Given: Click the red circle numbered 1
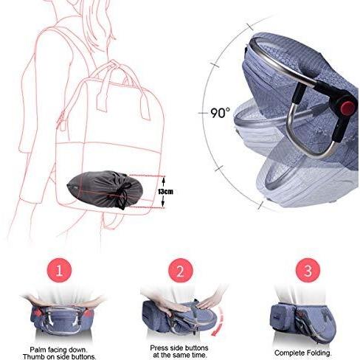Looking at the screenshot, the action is pyautogui.click(x=59, y=270).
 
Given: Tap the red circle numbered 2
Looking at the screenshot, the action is pyautogui.click(x=180, y=271).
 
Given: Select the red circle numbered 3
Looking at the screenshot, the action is pyautogui.click(x=308, y=270).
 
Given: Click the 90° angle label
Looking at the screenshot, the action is pyautogui.click(x=221, y=113).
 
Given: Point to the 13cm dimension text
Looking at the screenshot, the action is pyautogui.click(x=165, y=191).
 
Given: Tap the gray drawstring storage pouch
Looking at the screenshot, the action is pyautogui.click(x=105, y=189).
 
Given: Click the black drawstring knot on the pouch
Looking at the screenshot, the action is pyautogui.click(x=122, y=197).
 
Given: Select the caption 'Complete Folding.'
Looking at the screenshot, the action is pyautogui.click(x=303, y=353).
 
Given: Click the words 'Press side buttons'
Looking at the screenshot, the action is pyautogui.click(x=179, y=347).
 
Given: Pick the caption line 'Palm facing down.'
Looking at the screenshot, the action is pyautogui.click(x=58, y=350).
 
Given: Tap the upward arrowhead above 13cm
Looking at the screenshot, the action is pyautogui.click(x=164, y=181).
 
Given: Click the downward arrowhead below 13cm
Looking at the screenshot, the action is pyautogui.click(x=162, y=202).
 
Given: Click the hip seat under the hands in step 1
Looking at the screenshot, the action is pyautogui.click(x=62, y=319).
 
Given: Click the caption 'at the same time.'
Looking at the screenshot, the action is pyautogui.click(x=179, y=355).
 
